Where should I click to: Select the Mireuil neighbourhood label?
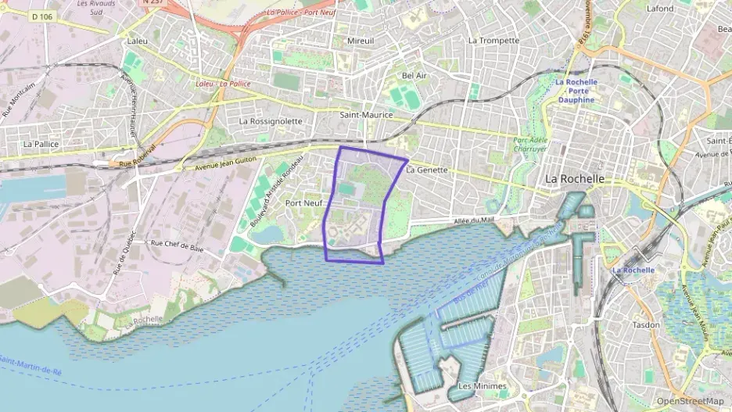(360, 40)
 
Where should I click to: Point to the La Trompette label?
(493, 40)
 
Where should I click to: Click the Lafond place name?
(661, 9)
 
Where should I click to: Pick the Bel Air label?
(414, 75)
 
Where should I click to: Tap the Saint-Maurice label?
(365, 114)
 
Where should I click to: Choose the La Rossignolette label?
(271, 121)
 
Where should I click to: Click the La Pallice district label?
(41, 144)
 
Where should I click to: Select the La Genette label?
(427, 170)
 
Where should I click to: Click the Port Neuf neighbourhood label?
(303, 202)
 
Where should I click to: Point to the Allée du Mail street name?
(474, 221)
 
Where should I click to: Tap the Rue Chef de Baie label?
(177, 246)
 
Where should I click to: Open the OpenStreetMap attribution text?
(690, 401)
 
